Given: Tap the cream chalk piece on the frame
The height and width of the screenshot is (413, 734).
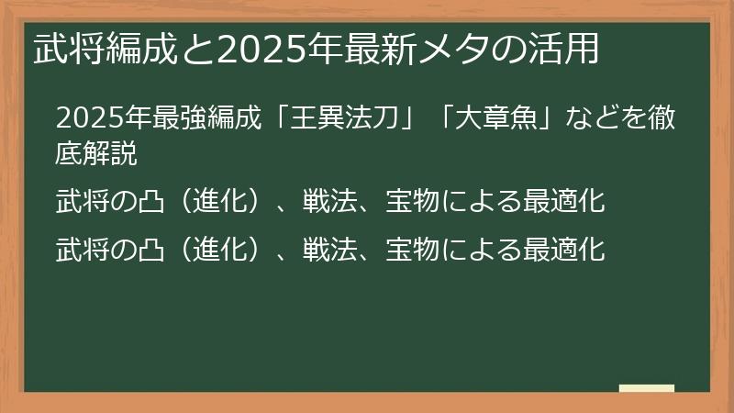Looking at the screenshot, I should (x=647, y=388).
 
